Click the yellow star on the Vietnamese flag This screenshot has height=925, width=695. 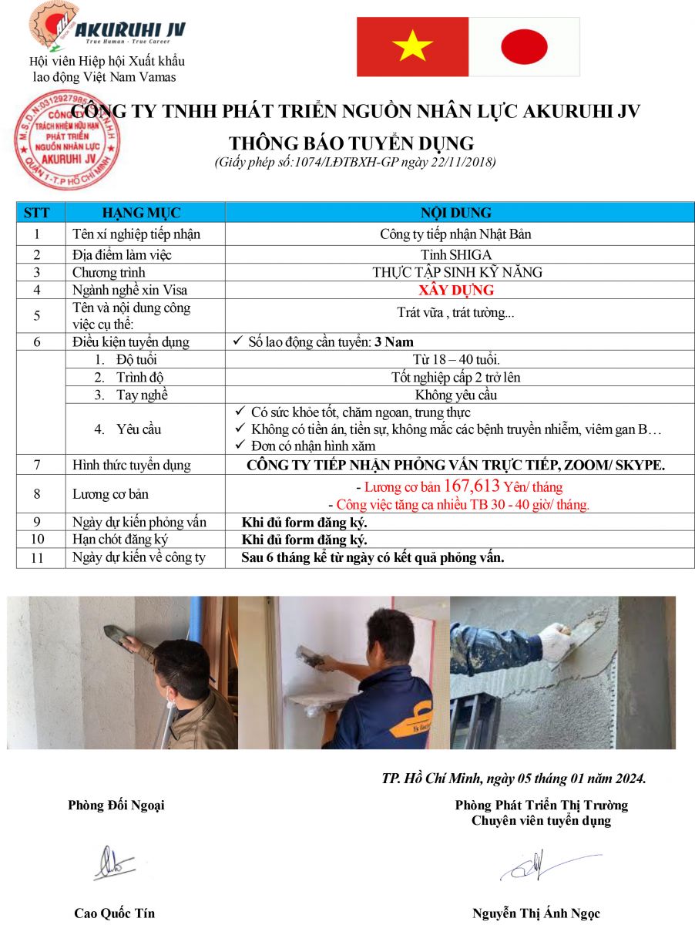412,47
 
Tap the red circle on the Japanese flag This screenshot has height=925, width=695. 524,46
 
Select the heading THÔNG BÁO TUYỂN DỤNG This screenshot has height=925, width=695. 351,144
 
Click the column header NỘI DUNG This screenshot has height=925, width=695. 455,213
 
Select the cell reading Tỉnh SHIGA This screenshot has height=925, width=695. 457,254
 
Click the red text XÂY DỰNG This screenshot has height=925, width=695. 456,291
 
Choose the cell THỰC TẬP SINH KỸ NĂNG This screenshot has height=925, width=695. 457,272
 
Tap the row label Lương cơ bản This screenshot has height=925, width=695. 110,494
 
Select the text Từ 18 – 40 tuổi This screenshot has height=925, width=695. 456,359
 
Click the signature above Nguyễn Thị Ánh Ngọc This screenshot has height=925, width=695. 539,865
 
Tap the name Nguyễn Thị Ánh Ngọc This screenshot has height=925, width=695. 536,913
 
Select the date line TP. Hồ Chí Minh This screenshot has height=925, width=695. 513,778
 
